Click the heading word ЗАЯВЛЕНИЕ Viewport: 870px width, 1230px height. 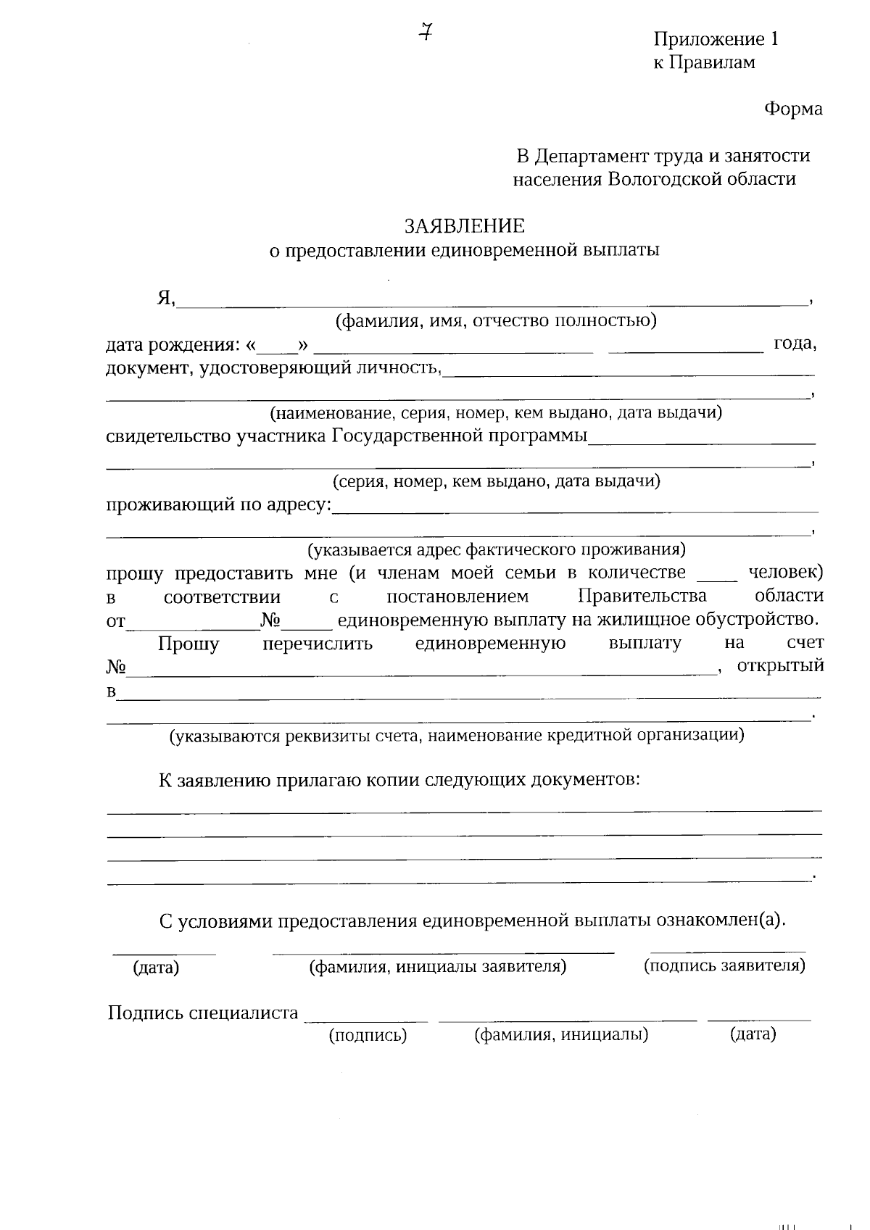[464, 226]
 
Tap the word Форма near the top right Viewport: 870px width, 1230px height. [793, 109]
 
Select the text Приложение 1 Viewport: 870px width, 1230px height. [716, 39]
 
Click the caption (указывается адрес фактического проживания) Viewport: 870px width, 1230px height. [497, 549]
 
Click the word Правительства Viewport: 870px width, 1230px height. [642, 596]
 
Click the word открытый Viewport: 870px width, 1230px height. [780, 665]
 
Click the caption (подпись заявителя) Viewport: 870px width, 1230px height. [724, 965]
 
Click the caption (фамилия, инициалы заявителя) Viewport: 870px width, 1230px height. [438, 966]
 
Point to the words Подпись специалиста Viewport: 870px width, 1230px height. [203, 1013]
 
